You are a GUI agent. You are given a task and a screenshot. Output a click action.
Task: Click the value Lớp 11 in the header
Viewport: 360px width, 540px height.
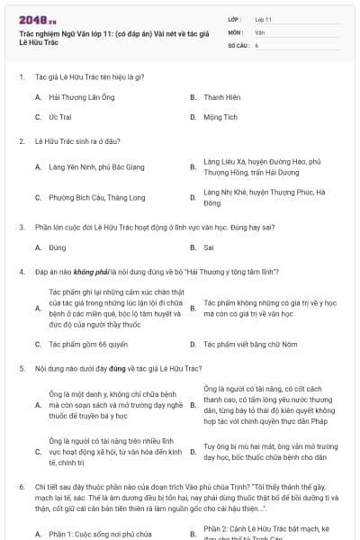tap(263, 18)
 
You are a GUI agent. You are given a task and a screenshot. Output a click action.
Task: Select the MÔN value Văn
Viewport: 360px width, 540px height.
tap(259, 31)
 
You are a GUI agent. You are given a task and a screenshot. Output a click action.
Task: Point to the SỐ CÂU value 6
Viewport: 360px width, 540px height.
tap(256, 44)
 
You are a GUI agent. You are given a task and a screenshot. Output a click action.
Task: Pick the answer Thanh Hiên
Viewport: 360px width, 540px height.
tap(220, 96)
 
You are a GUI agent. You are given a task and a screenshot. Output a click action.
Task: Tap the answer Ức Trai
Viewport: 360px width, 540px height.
tap(59, 117)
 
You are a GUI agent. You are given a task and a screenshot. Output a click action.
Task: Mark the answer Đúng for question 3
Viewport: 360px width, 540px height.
tap(58, 247)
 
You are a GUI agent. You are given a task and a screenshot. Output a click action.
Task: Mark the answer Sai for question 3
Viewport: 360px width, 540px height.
tap(209, 247)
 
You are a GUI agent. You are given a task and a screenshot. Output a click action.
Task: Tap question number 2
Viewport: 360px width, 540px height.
tap(21, 141)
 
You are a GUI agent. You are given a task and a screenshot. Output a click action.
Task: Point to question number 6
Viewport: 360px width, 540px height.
tap(21, 486)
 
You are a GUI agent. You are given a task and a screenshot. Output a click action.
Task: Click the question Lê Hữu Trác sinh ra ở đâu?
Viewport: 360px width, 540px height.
tap(70, 141)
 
